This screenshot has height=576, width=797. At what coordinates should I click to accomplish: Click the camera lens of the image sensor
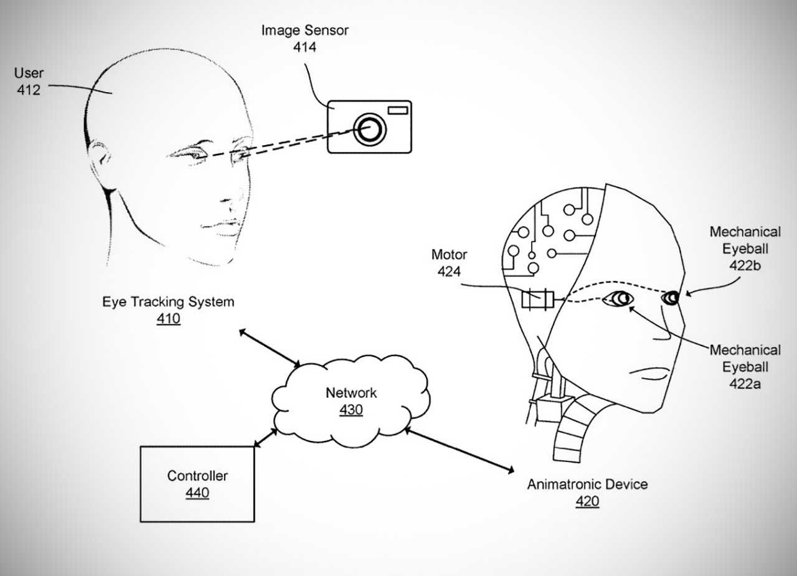click(x=369, y=129)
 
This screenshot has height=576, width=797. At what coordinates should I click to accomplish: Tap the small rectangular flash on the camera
click(x=397, y=111)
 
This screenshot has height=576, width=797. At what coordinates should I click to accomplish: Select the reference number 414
click(x=304, y=46)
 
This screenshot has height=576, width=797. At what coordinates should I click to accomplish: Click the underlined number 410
click(x=168, y=320)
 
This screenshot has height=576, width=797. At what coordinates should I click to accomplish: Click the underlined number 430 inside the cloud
click(x=351, y=410)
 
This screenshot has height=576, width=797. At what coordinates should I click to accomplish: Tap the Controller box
click(x=197, y=484)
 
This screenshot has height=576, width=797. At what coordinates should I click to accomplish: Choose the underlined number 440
click(x=197, y=493)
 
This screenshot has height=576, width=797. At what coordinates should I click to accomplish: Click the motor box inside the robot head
click(x=536, y=300)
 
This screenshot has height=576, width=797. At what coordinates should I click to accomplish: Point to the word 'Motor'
click(x=449, y=255)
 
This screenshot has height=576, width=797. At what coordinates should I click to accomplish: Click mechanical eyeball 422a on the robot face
click(x=619, y=299)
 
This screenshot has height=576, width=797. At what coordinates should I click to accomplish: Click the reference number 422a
click(x=745, y=384)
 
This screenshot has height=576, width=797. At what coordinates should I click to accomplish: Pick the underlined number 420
click(x=587, y=501)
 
